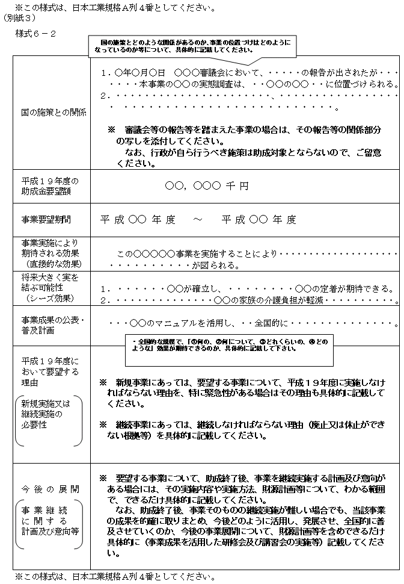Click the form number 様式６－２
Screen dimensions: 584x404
tap(37, 33)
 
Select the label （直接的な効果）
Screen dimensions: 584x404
tap(52, 263)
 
